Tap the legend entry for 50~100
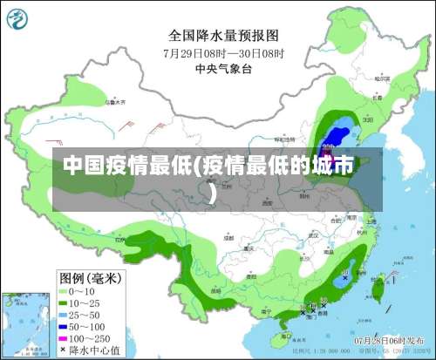point(82,324)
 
